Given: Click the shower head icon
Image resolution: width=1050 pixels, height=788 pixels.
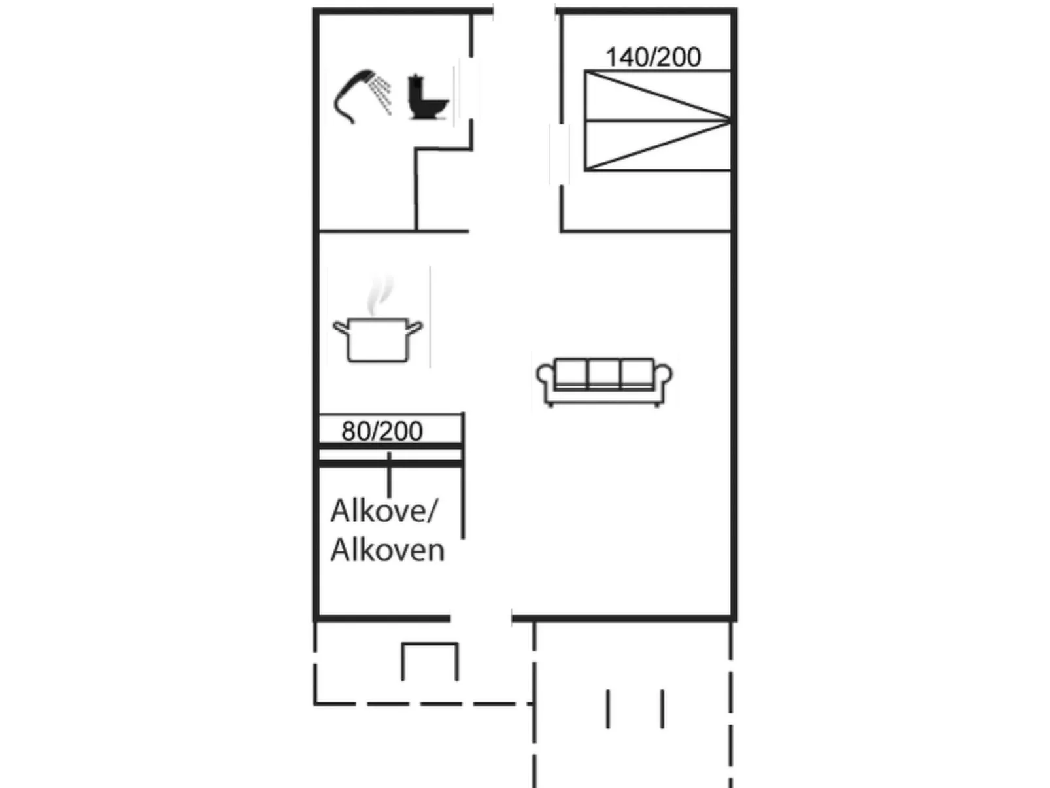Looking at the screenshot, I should point(356,95).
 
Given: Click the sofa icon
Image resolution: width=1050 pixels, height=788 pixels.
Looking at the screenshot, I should point(604,381).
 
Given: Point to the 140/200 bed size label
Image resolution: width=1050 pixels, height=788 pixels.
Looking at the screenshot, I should point(652,58).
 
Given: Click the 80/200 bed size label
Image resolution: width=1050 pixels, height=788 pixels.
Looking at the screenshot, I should point(382,431).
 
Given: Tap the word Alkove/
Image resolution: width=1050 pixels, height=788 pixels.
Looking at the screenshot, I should point(384,511).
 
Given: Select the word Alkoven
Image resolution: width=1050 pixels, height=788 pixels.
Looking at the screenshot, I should point(387,550).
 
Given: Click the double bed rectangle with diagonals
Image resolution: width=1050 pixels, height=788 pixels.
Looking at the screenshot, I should point(657,121).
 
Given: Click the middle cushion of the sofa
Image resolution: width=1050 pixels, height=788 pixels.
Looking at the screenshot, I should point(604,373).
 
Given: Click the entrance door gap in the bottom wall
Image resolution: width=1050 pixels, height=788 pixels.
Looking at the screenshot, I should point(481,617).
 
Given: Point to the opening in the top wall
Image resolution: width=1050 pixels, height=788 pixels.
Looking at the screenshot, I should point(524,10).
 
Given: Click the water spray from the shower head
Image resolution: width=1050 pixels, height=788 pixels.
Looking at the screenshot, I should point(381,94).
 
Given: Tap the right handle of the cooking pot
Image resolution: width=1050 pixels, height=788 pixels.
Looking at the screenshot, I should point(415,326).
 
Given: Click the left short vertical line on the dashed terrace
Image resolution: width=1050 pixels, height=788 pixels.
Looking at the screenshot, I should point(608,708).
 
